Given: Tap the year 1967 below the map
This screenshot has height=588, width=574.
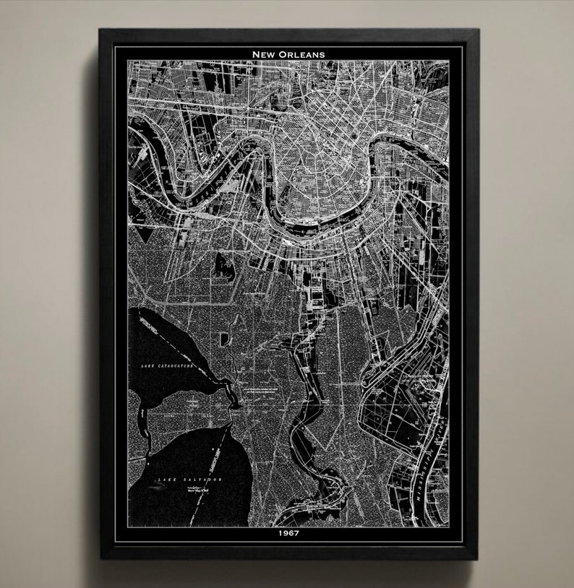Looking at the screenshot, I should click(288, 535).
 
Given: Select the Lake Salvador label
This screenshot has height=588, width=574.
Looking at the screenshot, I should click(191, 480).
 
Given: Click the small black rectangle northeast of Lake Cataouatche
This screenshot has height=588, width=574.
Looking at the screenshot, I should click(226, 337).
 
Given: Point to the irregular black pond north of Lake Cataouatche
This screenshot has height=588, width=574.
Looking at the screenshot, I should click(220, 267).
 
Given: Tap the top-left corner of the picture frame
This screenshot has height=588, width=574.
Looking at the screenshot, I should click(100, 30).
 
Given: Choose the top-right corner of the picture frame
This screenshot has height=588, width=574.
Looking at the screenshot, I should click(477, 30).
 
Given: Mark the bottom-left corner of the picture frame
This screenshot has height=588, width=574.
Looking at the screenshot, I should click(100, 558).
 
